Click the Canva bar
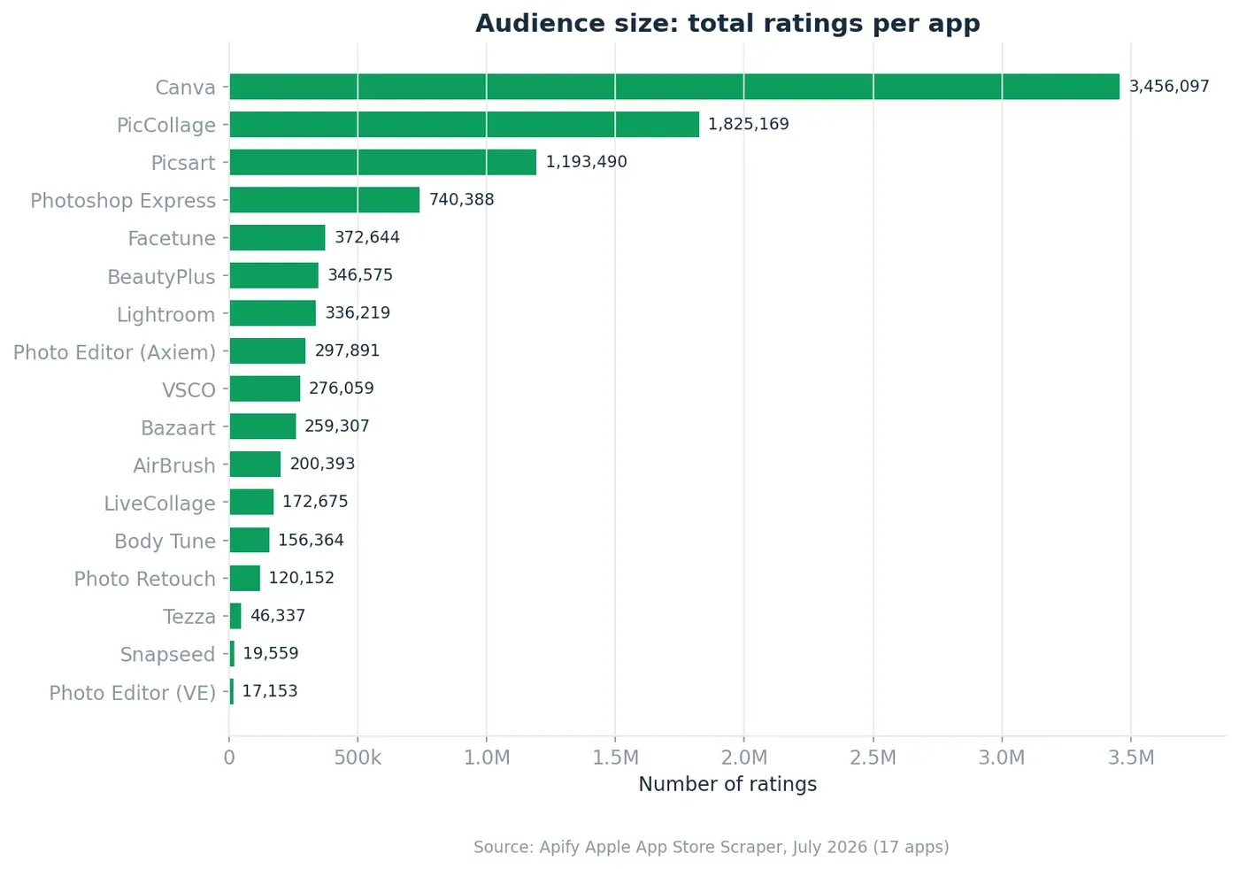tap(674, 87)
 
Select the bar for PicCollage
tap(464, 124)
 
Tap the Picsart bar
tap(382, 162)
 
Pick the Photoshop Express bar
tap(325, 200)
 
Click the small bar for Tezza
tap(235, 616)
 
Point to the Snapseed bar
tap(232, 654)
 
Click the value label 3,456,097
tap(1169, 87)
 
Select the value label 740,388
tap(461, 200)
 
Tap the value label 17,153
tap(270, 691)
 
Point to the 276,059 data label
tap(342, 388)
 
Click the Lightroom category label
tap(166, 315)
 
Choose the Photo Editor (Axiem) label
tap(114, 352)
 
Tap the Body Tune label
tap(165, 541)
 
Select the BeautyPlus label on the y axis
tap(161, 277)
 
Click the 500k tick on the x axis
tap(358, 757)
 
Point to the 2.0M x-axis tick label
tap(744, 757)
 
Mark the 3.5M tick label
tap(1131, 757)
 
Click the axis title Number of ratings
tap(727, 784)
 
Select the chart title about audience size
tap(727, 24)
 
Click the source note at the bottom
tap(712, 847)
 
